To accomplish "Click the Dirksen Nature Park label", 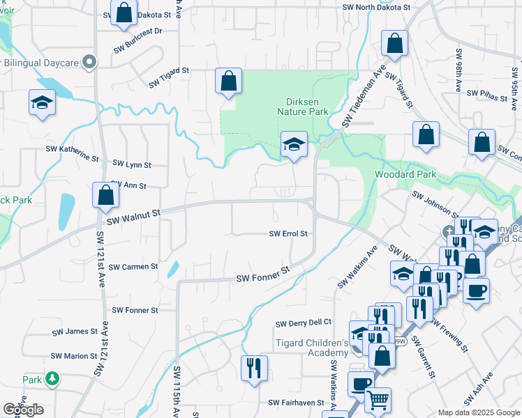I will tap(302, 106).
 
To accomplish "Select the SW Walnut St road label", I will tap(133, 215).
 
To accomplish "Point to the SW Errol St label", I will tap(288, 234).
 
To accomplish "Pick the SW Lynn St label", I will tap(131, 165).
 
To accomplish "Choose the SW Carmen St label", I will tap(135, 267).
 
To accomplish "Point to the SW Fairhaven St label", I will tap(297, 403).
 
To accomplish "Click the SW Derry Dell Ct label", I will tap(303, 323).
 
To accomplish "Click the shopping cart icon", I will tap(378, 399).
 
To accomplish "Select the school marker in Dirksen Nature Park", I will tap(294, 145).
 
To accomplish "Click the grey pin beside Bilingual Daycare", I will tap(89, 63).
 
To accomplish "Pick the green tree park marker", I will tap(52, 379).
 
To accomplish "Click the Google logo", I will tap(22, 410).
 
